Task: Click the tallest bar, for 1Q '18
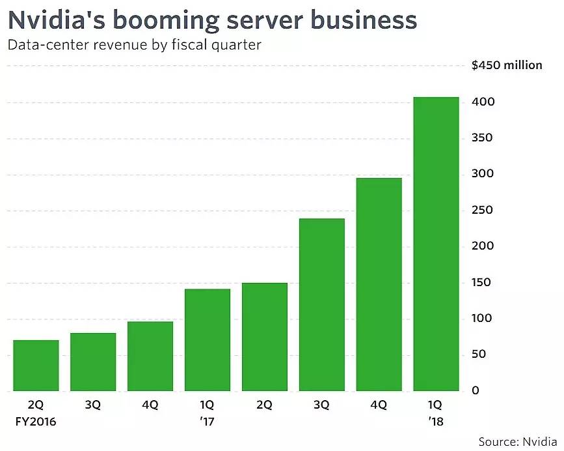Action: pyautogui.click(x=436, y=244)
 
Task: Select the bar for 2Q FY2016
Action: pyautogui.click(x=36, y=366)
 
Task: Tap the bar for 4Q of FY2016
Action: pyautogui.click(x=150, y=356)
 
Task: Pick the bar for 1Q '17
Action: pyautogui.click(x=208, y=340)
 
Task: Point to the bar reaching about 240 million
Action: pyautogui.click(x=321, y=305)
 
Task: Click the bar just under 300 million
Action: pyautogui.click(x=379, y=285)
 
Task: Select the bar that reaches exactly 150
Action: pyautogui.click(x=264, y=337)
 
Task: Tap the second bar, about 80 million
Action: pyautogui.click(x=93, y=362)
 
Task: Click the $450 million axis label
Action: pyautogui.click(x=507, y=65)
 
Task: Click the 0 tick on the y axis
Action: pyautogui.click(x=475, y=390)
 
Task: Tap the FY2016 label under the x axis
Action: pyautogui.click(x=36, y=422)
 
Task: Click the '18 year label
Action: pyautogui.click(x=436, y=422)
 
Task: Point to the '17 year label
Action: pyautogui.click(x=208, y=422)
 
